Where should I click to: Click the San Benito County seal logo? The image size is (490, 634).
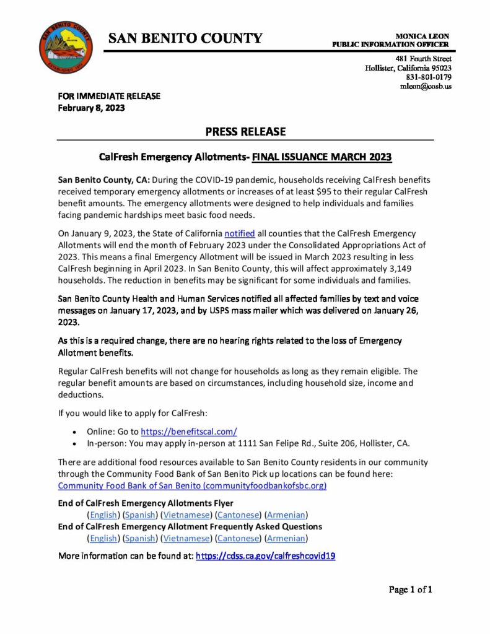pyautogui.click(x=65, y=47)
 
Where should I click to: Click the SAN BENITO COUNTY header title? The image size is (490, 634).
pyautogui.click(x=185, y=38)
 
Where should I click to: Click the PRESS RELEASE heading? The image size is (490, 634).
pyautogui.click(x=245, y=132)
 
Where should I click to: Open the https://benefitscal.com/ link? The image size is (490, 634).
pyautogui.click(x=189, y=432)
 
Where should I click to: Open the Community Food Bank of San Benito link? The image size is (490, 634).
pyautogui.click(x=192, y=486)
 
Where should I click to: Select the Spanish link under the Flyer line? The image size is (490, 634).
pyautogui.click(x=140, y=515)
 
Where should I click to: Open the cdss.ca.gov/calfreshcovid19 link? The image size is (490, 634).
pyautogui.click(x=265, y=556)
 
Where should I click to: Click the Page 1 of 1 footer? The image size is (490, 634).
pyautogui.click(x=410, y=590)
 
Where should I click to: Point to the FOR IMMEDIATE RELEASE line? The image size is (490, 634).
pyautogui.click(x=109, y=96)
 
